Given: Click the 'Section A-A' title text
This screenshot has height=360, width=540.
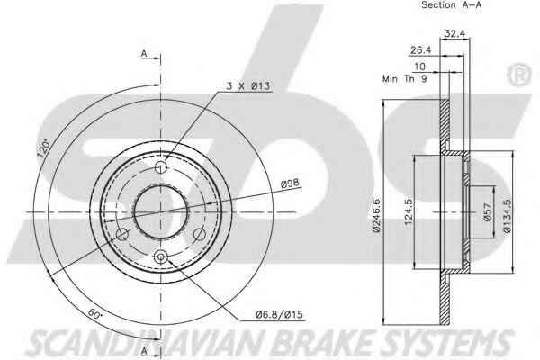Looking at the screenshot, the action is pos(451,4).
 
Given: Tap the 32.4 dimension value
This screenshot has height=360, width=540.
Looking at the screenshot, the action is pos(454,33).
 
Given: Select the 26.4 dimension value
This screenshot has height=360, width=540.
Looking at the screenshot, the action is pos(420,50).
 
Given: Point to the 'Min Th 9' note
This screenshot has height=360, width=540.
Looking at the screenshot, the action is pos(405,78).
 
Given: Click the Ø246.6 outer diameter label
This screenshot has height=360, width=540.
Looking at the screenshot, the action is pos(376,215).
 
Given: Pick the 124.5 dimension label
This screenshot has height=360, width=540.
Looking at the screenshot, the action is pos(409,211).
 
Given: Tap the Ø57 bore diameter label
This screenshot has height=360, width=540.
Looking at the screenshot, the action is pos(488,211).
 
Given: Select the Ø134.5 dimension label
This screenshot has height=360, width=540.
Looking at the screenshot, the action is pos(508,216).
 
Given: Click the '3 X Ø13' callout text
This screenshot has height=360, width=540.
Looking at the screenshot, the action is pos(248,85).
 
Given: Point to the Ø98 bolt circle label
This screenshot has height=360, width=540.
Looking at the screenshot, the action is pos(290,184).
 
